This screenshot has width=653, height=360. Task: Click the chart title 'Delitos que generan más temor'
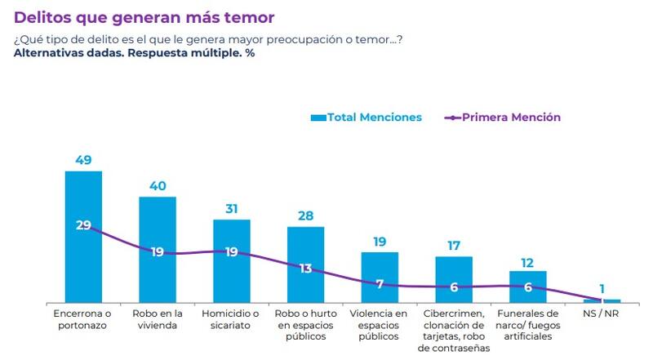[144, 16]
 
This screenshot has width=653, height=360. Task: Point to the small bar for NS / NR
[602, 301]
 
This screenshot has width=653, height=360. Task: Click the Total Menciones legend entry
[366, 118]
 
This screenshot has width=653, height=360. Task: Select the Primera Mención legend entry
[503, 118]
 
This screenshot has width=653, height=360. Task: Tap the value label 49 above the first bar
[83, 160]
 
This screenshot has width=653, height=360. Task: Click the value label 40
[158, 186]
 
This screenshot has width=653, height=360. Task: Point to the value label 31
[232, 209]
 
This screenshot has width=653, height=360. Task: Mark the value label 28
[305, 216]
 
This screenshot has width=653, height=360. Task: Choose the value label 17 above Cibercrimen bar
[454, 246]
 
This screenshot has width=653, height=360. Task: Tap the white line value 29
[83, 225]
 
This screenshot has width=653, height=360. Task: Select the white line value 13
[305, 268]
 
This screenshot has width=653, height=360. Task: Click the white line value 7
[380, 283]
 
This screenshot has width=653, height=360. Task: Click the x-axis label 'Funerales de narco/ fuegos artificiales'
[527, 325]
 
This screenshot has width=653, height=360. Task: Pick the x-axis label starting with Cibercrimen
[454, 331]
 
